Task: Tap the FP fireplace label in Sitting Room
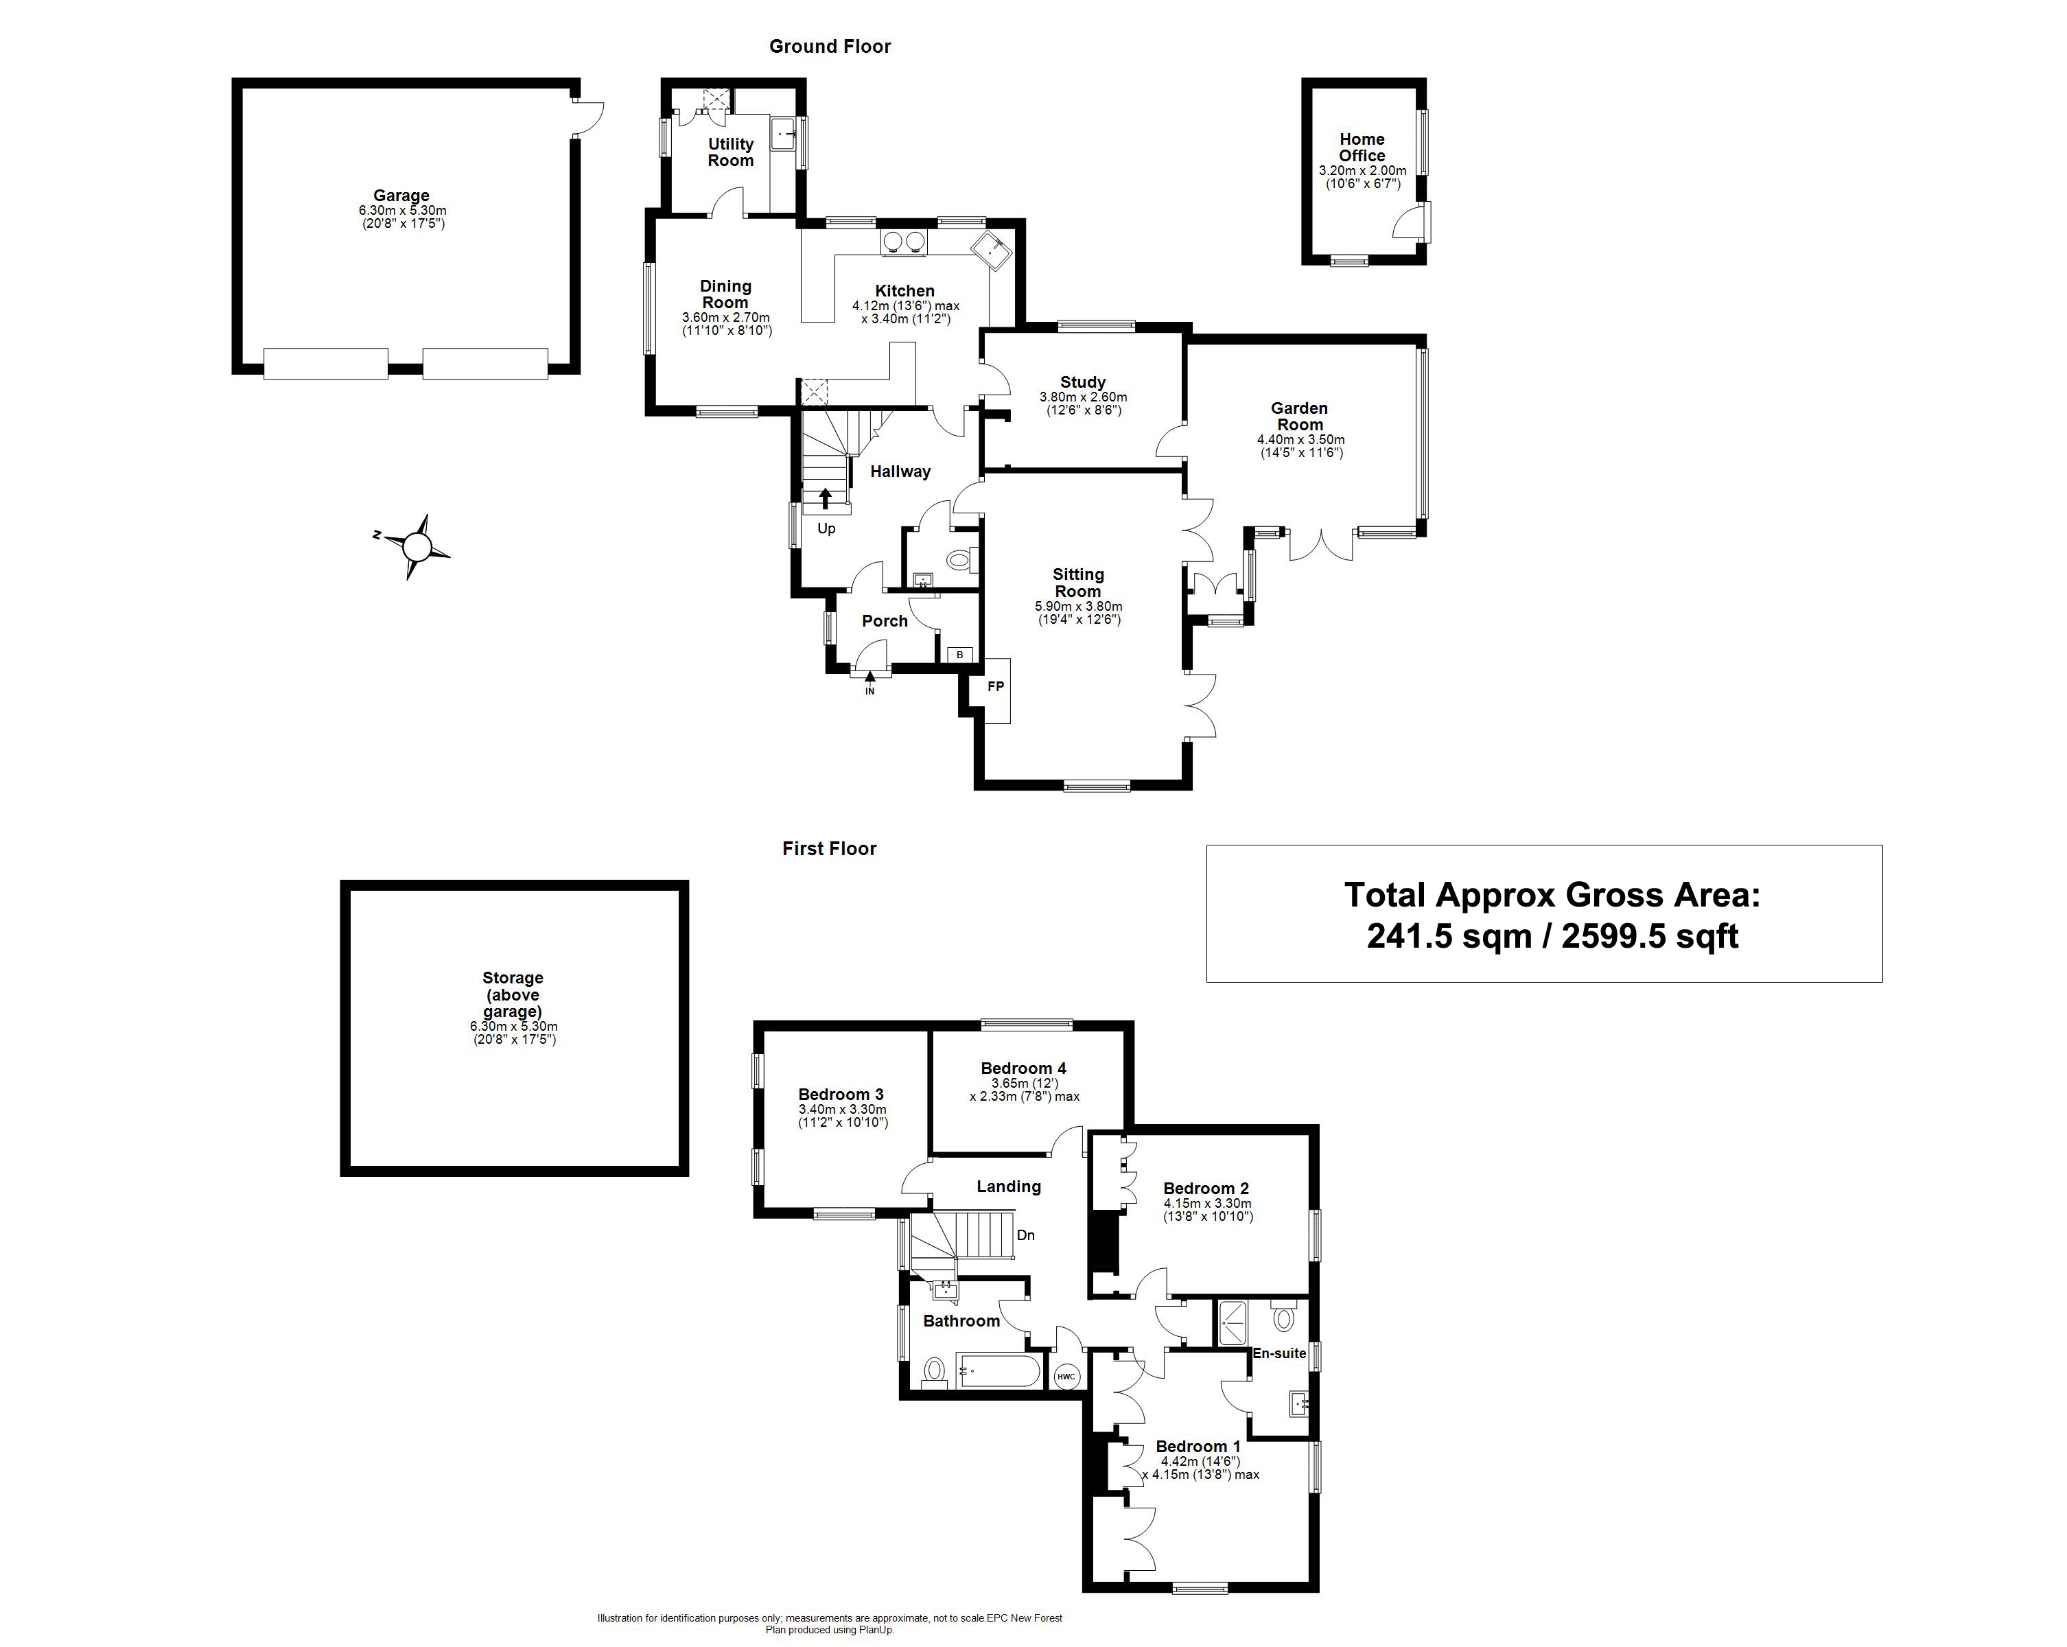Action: [x=996, y=686]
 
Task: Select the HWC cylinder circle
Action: [x=1066, y=1377]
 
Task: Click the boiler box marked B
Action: [x=959, y=655]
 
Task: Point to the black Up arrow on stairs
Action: [x=826, y=498]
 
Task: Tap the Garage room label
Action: [x=401, y=196]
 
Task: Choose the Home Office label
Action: [x=1362, y=148]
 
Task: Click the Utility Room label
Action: [x=731, y=152]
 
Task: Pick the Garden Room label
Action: [x=1300, y=416]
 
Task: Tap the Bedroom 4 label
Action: [x=1023, y=1068]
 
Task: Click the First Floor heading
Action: [x=829, y=848]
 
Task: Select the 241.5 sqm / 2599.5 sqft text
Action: [x=1552, y=935]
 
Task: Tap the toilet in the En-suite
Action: [x=1285, y=1318]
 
